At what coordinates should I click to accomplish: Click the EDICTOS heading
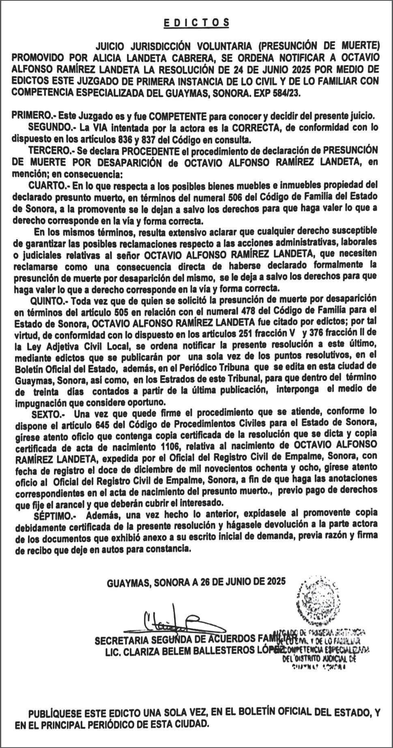click(x=196, y=23)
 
